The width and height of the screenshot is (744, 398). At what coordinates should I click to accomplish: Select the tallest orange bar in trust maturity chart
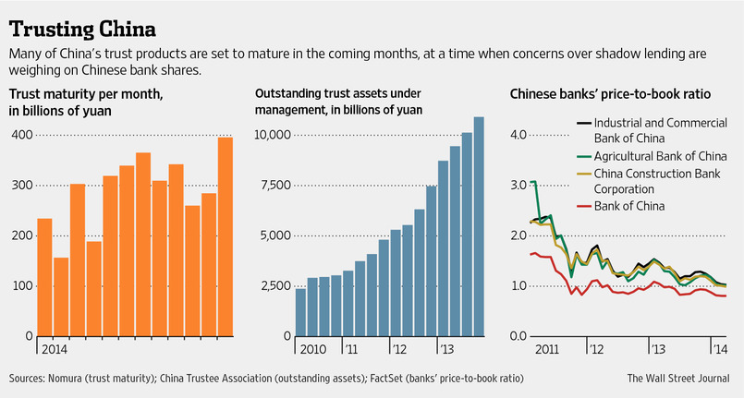pyautogui.click(x=226, y=236)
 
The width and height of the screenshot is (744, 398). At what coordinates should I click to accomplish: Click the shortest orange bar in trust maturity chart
pyautogui.click(x=62, y=295)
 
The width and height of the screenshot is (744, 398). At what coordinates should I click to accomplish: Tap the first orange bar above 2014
pyautogui.click(x=44, y=277)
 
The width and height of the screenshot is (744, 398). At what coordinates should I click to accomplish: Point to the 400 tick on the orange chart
pyautogui.click(x=20, y=135)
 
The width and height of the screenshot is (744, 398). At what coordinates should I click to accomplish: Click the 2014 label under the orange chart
pyautogui.click(x=54, y=351)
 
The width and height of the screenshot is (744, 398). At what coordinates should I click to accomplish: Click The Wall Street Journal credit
pyautogui.click(x=679, y=378)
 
